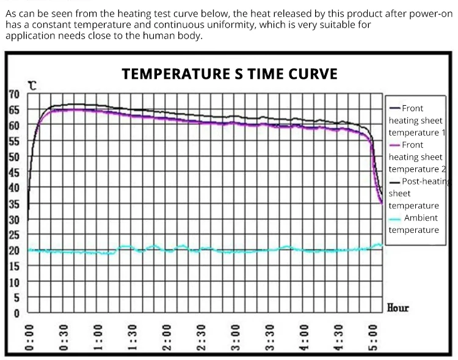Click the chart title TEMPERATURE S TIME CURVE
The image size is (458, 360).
point(230,74)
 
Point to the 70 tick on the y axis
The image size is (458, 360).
point(14,94)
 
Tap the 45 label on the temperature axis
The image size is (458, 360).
point(14,172)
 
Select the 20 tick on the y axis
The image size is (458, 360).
point(14,251)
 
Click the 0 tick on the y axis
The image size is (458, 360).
point(16,314)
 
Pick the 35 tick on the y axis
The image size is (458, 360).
point(14,204)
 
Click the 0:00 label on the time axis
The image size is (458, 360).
point(29,339)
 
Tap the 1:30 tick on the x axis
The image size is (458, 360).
point(132,339)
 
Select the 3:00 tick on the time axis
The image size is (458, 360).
point(236,339)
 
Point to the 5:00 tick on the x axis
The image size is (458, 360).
point(374,339)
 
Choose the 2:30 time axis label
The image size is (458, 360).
point(201,339)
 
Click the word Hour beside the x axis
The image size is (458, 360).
point(398,307)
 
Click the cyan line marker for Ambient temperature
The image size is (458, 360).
point(394,218)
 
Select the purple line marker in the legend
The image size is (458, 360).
point(394,145)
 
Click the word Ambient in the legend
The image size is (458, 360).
point(421,218)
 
